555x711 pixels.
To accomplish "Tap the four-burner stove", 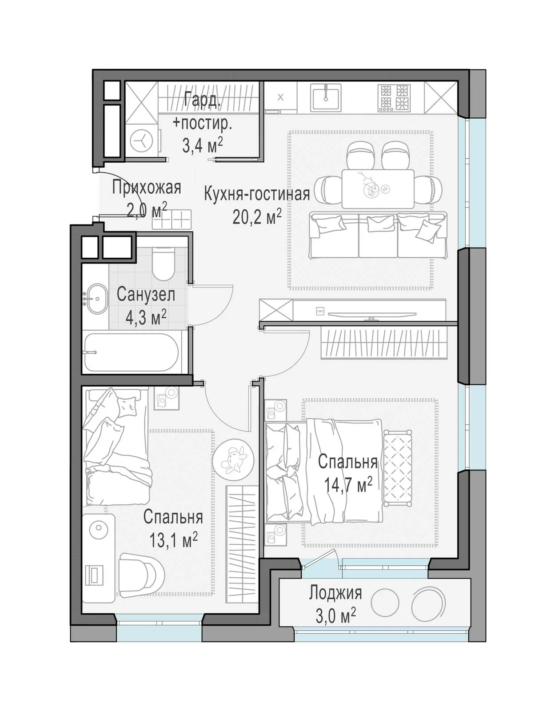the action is [x=394, y=97].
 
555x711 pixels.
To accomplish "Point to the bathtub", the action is [x=132, y=352].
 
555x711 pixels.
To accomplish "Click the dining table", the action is [x=378, y=188].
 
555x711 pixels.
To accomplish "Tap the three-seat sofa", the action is [x=378, y=235].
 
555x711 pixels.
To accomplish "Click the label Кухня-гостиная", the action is [x=257, y=194].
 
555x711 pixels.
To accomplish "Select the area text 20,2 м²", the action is [x=257, y=216].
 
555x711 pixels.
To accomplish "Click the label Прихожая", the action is [x=147, y=188].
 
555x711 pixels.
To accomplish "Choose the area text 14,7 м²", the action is [x=348, y=484].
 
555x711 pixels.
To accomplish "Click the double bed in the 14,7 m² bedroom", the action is [x=324, y=472].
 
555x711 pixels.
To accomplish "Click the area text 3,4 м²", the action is [x=203, y=145].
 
